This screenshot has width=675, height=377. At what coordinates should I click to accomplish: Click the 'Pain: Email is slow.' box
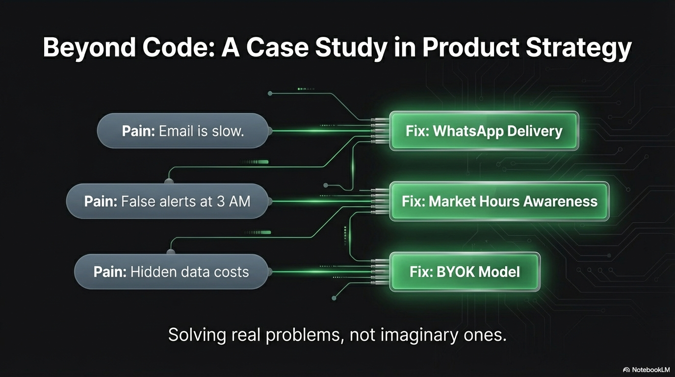[x=183, y=131]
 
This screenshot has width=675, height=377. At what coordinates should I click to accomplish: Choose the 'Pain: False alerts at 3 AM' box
[x=167, y=201]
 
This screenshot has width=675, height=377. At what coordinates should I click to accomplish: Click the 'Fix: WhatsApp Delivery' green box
[x=484, y=131]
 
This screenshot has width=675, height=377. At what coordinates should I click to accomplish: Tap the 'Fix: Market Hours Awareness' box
[x=499, y=201]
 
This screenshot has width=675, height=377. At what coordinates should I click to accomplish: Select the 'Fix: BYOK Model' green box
[x=465, y=271]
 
